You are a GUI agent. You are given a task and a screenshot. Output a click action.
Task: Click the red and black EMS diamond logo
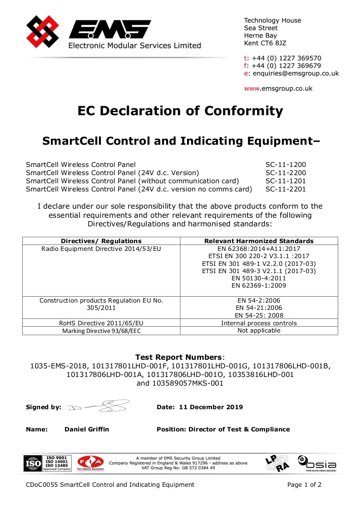(x=43, y=32)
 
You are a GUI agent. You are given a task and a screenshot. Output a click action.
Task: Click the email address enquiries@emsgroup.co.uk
(x=296, y=73)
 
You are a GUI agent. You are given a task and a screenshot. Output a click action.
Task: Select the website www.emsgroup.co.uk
(x=278, y=88)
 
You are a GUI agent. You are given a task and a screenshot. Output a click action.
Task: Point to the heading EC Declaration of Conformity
(x=180, y=111)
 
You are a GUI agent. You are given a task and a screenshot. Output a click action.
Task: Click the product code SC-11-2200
(x=286, y=173)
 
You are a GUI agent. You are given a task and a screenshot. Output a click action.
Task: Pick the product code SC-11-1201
(x=286, y=181)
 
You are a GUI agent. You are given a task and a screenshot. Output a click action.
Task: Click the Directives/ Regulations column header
(x=101, y=241)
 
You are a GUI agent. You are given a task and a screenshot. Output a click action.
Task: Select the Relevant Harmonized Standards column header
(x=259, y=241)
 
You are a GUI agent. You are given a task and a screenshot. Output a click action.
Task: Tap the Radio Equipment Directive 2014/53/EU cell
(x=101, y=249)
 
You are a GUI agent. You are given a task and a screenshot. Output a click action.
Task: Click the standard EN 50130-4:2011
(x=259, y=278)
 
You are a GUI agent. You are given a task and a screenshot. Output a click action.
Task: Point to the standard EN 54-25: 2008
(x=259, y=315)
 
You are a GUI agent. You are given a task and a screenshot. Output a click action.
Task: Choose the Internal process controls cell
(x=259, y=323)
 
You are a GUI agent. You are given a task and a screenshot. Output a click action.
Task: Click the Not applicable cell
(x=259, y=331)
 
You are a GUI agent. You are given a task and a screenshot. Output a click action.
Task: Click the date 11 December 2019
(x=211, y=407)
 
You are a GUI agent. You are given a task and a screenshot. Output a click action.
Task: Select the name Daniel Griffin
(x=87, y=429)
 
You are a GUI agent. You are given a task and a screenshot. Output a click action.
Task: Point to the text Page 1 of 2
(x=304, y=485)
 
